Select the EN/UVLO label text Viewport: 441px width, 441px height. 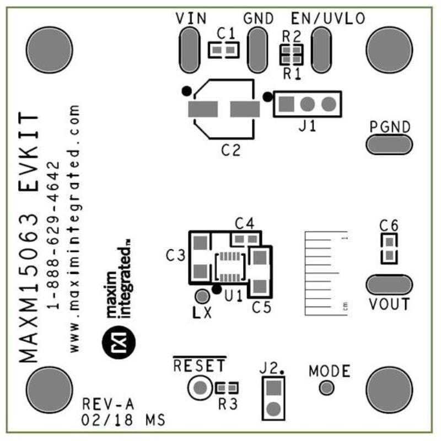pos(327,18)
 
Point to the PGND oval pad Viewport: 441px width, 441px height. pos(389,144)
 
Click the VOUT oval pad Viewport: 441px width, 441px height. pos(389,285)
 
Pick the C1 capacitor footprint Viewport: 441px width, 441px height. pos(224,51)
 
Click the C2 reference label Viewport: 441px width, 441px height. pos(232,149)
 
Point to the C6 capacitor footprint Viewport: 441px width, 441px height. pos(389,248)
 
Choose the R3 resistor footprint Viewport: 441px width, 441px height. pos(227,388)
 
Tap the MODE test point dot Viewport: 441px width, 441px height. pos(327,388)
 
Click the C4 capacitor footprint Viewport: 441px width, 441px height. pos(246,239)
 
